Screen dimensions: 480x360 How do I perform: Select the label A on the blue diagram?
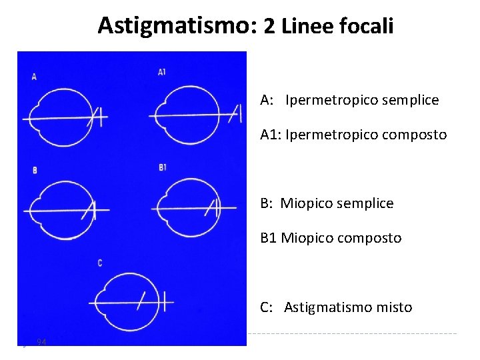pyautogui.click(x=34, y=77)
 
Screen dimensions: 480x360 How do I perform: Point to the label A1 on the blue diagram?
pyautogui.click(x=162, y=72)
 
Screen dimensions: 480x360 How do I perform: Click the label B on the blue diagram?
pyautogui.click(x=35, y=171)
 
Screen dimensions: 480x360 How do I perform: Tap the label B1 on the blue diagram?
pyautogui.click(x=163, y=167)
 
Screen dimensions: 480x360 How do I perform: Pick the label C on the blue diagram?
pyautogui.click(x=100, y=263)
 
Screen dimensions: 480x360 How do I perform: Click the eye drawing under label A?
pyautogui.click(x=60, y=117)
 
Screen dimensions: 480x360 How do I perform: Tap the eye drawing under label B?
pyautogui.click(x=60, y=210)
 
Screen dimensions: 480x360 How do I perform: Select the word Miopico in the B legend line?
pyautogui.click(x=303, y=203)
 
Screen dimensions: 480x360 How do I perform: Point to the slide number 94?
pyautogui.click(x=41, y=342)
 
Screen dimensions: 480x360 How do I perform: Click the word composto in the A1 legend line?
pyautogui.click(x=414, y=135)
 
